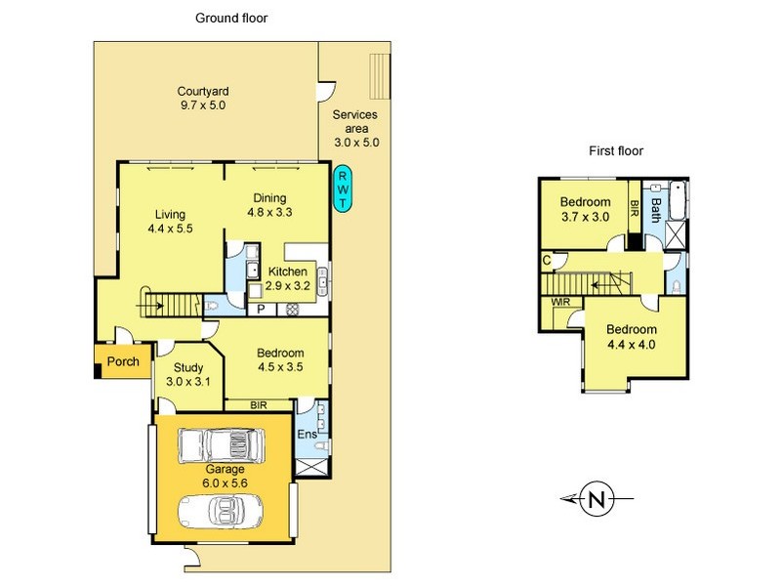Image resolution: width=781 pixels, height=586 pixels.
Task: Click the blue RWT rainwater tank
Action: point(343,188)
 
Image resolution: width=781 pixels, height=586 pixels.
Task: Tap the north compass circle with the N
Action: point(597,498)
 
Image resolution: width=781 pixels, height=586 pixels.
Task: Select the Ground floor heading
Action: point(231,19)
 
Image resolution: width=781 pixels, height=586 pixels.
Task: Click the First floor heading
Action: point(616,151)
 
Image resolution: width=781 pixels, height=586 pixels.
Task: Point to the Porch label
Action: point(123,361)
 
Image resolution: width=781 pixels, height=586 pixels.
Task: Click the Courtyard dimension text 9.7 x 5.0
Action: point(203,105)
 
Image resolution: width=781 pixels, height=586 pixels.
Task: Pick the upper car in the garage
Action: point(221,445)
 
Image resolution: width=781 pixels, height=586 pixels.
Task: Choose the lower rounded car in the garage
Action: point(221,511)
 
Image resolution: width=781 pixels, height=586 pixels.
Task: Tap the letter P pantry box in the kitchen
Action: point(262,310)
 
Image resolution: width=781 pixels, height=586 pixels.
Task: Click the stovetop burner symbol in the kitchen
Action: point(291,310)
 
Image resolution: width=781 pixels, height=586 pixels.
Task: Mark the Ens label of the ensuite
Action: point(307,434)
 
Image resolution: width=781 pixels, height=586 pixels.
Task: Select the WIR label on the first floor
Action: point(559,302)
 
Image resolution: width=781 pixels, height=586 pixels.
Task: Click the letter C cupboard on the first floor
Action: point(547,261)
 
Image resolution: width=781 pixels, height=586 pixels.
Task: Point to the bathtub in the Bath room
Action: point(678,200)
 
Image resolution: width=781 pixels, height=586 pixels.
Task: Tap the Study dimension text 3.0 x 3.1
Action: point(187,382)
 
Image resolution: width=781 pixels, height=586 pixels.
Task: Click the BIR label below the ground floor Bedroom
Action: point(259,405)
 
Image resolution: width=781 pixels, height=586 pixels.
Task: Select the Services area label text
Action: point(355,121)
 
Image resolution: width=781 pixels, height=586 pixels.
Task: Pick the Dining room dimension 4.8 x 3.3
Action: point(269,212)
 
